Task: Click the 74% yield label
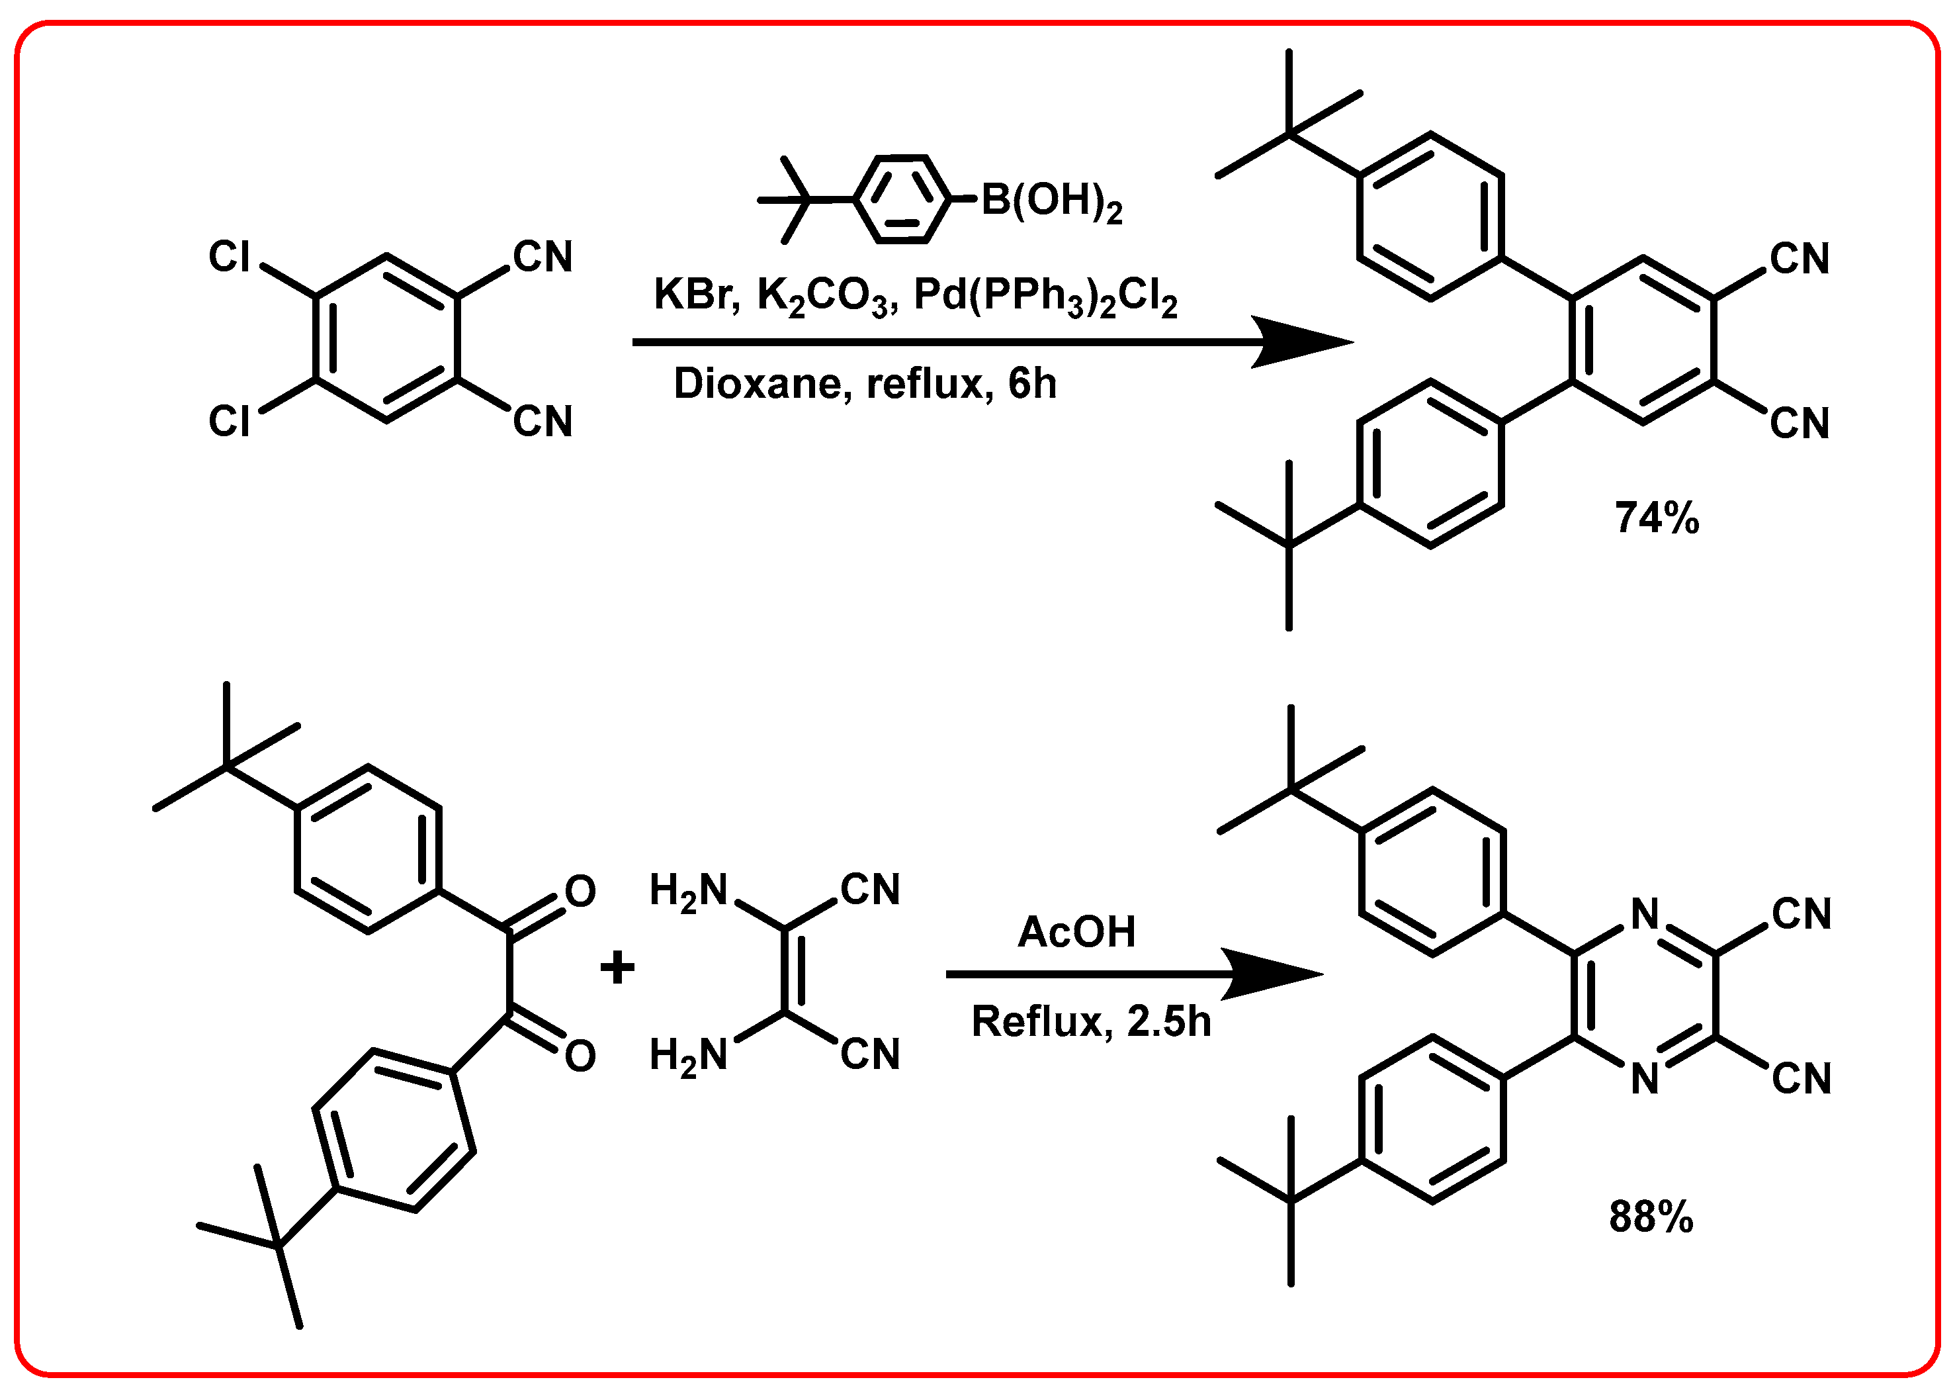coord(1657,518)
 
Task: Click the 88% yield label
coord(1651,1217)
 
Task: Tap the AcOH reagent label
coord(1076,932)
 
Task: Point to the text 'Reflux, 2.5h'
coord(1091,1021)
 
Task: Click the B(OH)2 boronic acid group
coord(1051,202)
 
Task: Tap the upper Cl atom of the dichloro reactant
coord(230,257)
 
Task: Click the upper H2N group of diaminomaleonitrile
coord(688,891)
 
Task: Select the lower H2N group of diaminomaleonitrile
coord(688,1055)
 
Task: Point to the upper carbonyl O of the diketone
coord(580,892)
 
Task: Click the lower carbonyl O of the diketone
coord(580,1056)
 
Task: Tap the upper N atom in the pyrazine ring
coord(1645,915)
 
